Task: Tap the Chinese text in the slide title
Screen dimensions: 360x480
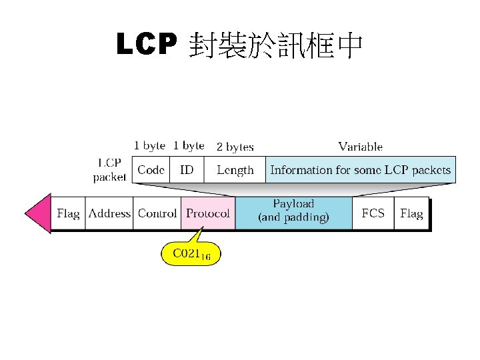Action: point(275,45)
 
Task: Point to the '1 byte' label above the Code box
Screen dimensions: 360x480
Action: point(149,145)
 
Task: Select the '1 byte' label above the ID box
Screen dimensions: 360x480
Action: point(189,145)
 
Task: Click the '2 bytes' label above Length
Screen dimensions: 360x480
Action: point(235,146)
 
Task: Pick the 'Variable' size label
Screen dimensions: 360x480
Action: point(360,146)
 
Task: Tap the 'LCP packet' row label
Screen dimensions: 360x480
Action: point(109,170)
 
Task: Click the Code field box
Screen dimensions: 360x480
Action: point(151,170)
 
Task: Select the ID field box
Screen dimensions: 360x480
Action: point(187,170)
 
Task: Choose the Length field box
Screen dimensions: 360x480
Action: point(235,170)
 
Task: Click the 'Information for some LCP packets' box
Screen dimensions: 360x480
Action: point(360,170)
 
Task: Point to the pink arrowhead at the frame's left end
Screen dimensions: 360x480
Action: point(37,213)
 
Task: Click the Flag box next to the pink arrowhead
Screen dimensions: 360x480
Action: point(68,213)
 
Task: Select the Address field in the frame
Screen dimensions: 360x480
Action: point(109,213)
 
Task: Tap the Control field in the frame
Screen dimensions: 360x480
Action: point(157,213)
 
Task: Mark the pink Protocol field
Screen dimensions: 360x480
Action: point(208,213)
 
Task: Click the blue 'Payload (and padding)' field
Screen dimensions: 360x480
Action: point(293,211)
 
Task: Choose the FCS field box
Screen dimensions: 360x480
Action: point(373,213)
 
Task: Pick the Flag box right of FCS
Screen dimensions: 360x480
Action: point(411,213)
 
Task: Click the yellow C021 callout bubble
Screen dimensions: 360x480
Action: point(191,254)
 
